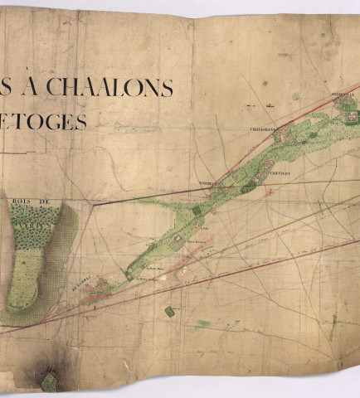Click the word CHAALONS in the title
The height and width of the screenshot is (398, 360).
tap(109, 87)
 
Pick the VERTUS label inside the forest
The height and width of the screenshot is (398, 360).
tap(38, 212)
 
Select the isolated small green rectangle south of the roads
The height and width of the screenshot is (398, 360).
tap(170, 311)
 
